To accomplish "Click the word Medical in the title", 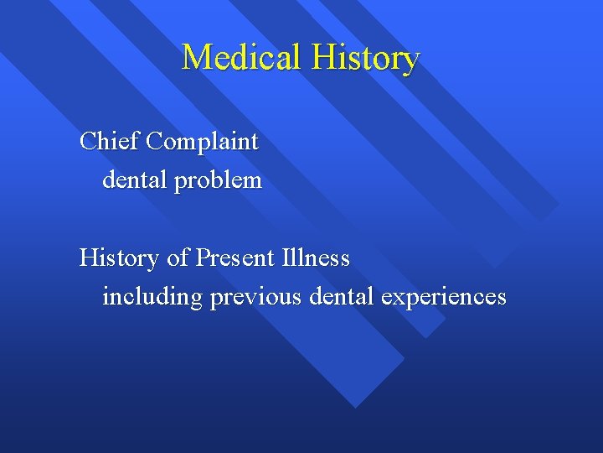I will (x=242, y=58).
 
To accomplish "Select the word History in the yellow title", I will (x=365, y=58).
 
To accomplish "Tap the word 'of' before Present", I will (x=178, y=258).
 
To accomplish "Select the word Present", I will (x=234, y=258).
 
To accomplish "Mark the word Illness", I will (x=315, y=258).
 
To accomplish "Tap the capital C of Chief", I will (x=87, y=141).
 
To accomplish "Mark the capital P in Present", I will (x=202, y=258).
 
